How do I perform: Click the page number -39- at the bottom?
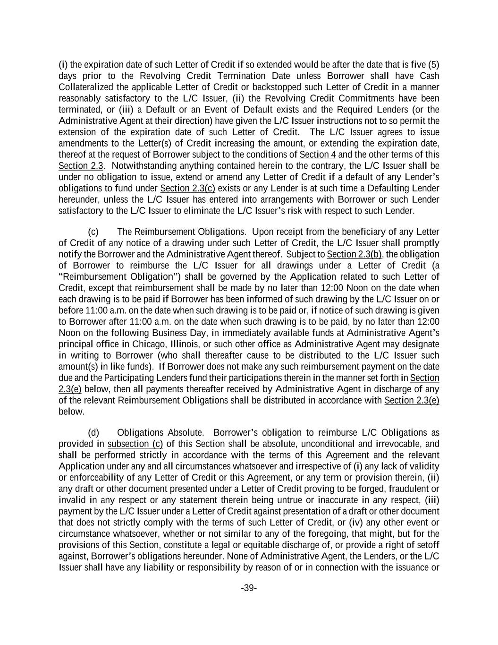click(249, 588)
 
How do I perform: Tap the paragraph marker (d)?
click(93, 433)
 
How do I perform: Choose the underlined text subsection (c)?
click(135, 444)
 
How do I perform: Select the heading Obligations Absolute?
click(160, 433)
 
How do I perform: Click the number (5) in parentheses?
click(433, 65)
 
